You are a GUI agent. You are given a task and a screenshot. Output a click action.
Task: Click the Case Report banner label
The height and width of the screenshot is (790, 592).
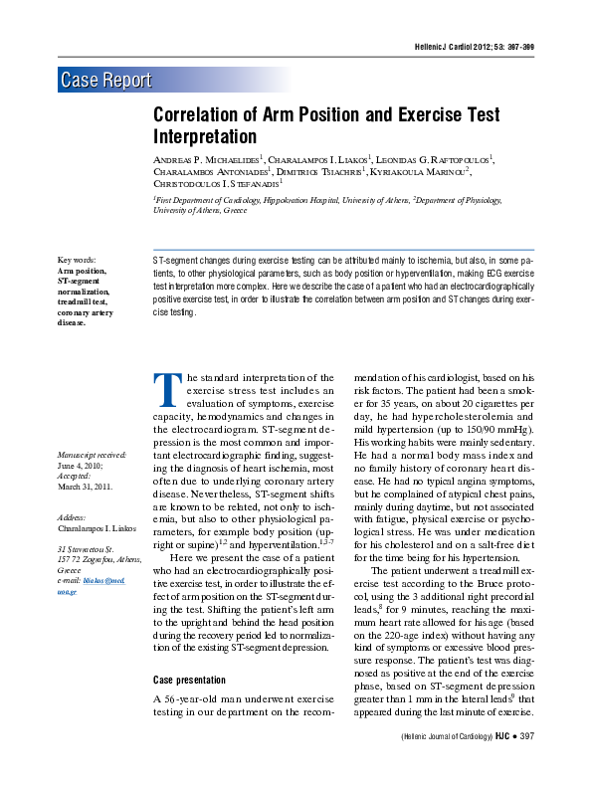coord(106,81)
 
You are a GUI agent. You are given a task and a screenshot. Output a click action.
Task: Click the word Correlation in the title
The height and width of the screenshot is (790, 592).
coord(205,114)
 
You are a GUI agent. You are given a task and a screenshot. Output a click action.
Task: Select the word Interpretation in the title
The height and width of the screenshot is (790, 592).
coord(205,136)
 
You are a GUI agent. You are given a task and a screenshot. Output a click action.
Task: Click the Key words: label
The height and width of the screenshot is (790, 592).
coord(78,260)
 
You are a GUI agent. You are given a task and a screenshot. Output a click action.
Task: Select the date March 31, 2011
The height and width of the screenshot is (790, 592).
coord(85,487)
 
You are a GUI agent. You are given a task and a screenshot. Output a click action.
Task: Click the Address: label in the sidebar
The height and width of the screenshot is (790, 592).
coord(73,518)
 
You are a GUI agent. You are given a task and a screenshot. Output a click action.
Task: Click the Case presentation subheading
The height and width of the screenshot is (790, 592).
coord(188,680)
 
